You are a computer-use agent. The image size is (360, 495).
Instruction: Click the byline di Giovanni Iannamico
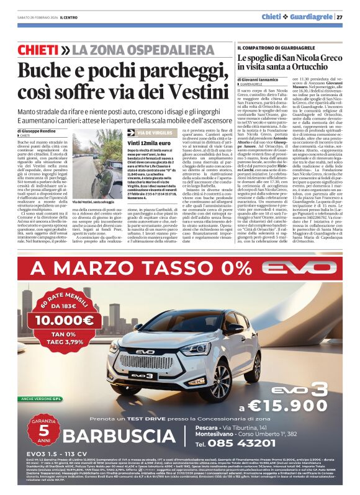coord(265,79)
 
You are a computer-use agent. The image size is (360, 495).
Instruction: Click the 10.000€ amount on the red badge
coord(64,321)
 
